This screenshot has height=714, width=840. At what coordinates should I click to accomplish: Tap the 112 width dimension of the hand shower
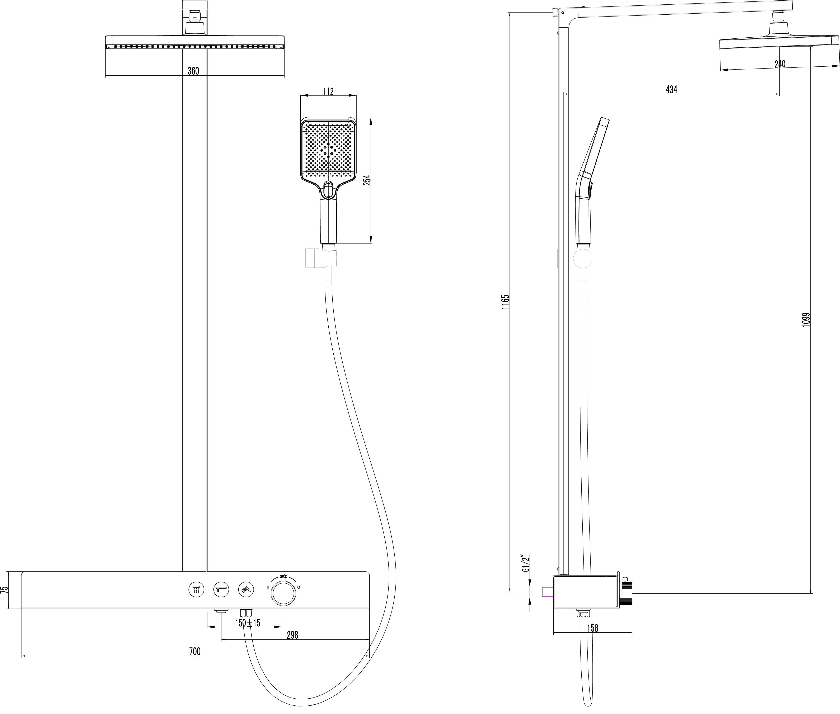point(328,91)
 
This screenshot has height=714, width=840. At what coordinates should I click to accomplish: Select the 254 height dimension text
point(367,180)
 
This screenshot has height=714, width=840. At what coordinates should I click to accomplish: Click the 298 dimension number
point(292,635)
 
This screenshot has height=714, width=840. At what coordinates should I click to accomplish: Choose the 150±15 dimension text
point(248,623)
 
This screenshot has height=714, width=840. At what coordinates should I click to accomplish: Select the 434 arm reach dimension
point(672,89)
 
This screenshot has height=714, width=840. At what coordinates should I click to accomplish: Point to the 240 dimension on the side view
point(780,64)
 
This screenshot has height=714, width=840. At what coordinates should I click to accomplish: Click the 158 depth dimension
point(592,628)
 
